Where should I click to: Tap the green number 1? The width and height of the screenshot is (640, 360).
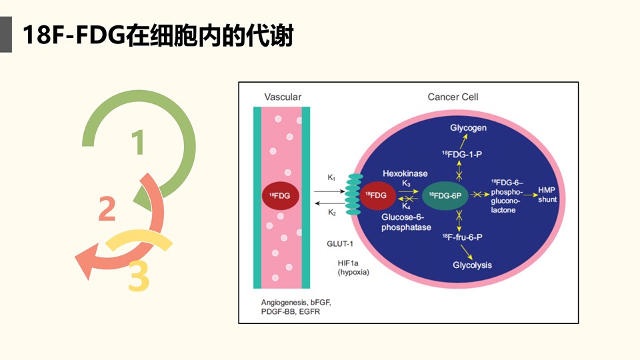(x=138, y=143)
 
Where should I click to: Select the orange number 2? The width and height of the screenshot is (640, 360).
(x=107, y=209)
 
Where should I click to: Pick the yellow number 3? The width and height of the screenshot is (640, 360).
(x=138, y=277)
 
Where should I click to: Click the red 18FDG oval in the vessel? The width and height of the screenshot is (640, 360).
(x=280, y=195)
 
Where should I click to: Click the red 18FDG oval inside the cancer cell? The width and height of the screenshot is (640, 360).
(x=376, y=195)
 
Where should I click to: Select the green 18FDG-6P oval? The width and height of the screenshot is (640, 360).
(x=445, y=195)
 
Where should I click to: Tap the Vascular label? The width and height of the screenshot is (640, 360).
(x=283, y=97)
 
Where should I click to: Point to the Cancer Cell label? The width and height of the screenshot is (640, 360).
(x=453, y=97)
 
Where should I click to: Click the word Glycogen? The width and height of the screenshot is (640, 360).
(x=468, y=127)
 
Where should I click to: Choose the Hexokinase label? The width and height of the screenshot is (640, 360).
(x=405, y=173)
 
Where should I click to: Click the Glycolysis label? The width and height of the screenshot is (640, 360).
(x=472, y=265)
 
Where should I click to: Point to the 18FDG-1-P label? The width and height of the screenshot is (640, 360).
(x=462, y=154)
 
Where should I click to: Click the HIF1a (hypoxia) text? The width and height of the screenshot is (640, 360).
(x=353, y=267)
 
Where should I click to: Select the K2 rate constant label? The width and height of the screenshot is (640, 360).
(x=331, y=213)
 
